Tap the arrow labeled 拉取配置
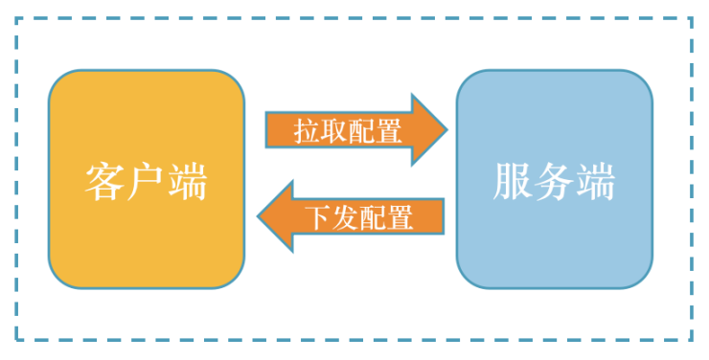tap(354, 130)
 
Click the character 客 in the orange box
tap(105, 181)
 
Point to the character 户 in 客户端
tap(146, 181)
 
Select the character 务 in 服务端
tap(554, 181)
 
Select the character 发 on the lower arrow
tap(346, 217)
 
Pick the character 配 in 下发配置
tap(374, 217)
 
